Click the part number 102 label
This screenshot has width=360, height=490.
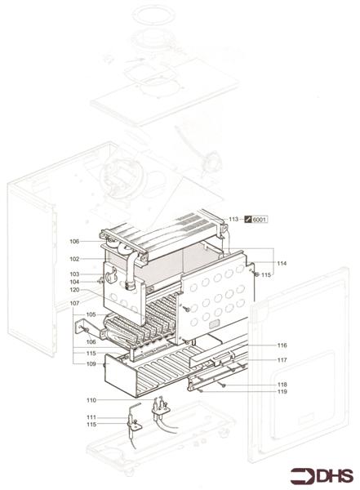(96, 259)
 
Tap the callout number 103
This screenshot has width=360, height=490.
(96, 274)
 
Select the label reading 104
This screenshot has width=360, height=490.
(96, 282)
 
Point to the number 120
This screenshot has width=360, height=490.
(96, 290)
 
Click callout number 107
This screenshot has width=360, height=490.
(96, 303)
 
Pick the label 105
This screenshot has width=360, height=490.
(91, 314)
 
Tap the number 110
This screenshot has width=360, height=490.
(91, 400)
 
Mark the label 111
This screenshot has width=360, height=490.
(91, 417)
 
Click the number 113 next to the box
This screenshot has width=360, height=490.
(233, 220)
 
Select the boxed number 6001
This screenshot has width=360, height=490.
(260, 220)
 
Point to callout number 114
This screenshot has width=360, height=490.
(282, 263)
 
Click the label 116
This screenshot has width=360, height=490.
(282, 345)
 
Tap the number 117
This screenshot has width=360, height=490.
(282, 360)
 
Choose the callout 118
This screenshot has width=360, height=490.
(282, 384)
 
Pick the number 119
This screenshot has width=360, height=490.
(282, 392)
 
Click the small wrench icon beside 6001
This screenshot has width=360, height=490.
(248, 220)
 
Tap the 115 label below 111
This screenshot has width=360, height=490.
(91, 425)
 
